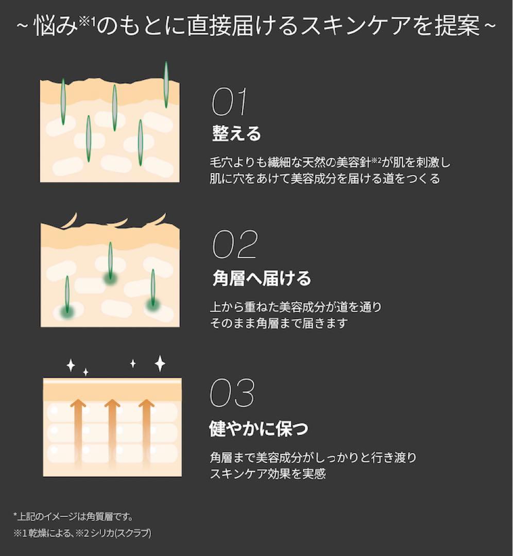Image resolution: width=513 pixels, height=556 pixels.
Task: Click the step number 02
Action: point(234,245)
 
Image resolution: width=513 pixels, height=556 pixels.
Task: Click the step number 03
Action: point(232,393)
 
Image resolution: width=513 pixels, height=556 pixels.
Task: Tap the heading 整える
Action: point(236,133)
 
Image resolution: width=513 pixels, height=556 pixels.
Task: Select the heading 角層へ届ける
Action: point(262,279)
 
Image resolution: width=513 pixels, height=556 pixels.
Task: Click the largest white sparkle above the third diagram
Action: point(160,363)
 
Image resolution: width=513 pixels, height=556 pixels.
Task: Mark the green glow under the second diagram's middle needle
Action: point(110,279)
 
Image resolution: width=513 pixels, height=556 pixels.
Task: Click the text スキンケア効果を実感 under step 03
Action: point(268,474)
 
